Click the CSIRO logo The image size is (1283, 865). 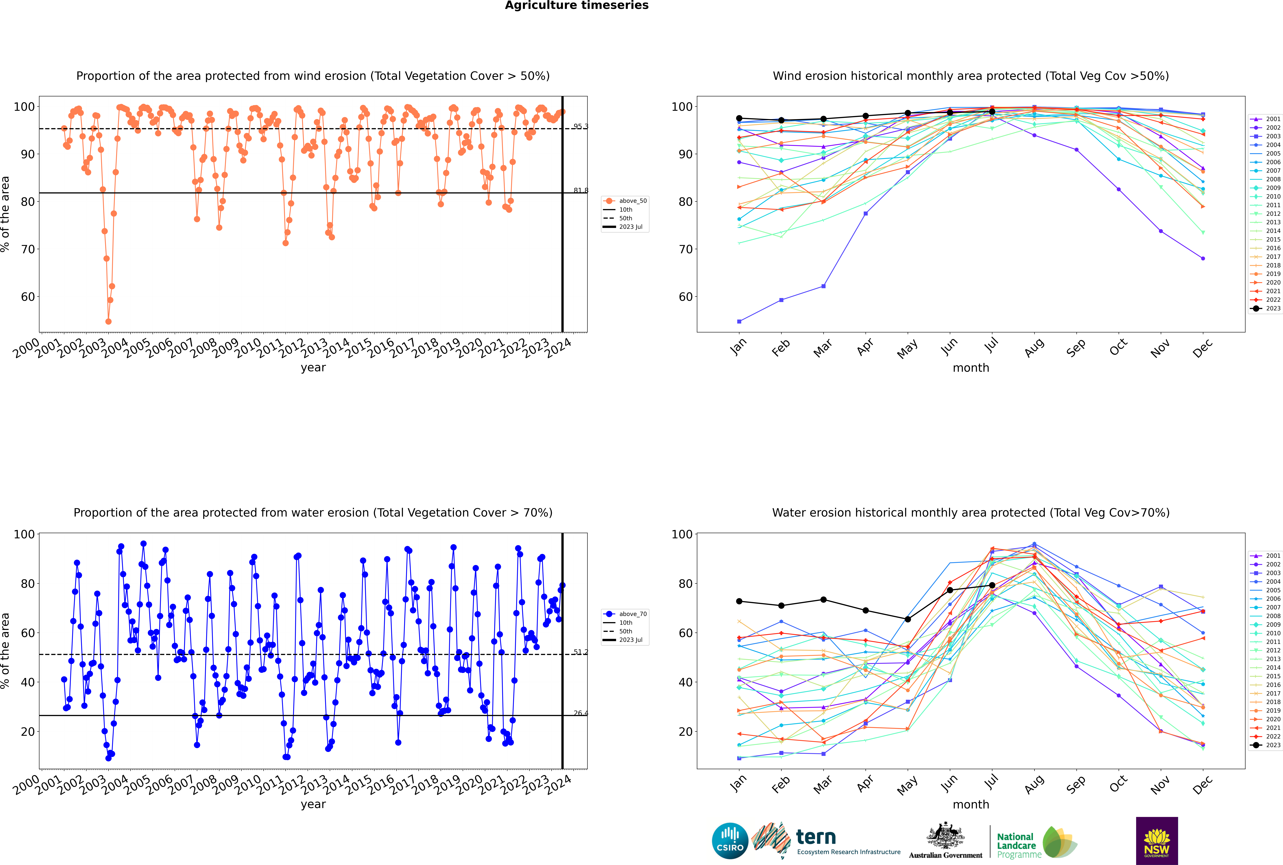click(x=730, y=841)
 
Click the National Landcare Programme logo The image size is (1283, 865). click(x=1036, y=842)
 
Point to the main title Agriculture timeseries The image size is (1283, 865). click(x=576, y=5)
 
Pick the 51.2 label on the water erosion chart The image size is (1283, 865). click(x=580, y=652)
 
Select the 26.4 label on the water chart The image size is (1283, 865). click(x=580, y=713)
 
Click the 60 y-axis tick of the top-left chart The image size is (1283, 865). click(x=28, y=297)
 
